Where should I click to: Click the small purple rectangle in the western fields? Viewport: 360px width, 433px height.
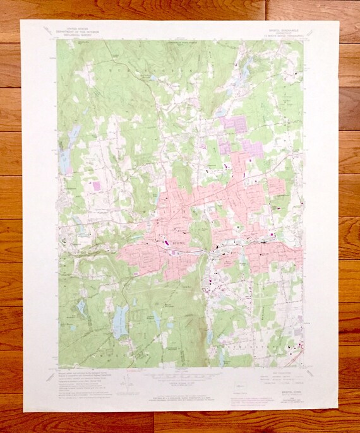(x=97, y=186)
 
